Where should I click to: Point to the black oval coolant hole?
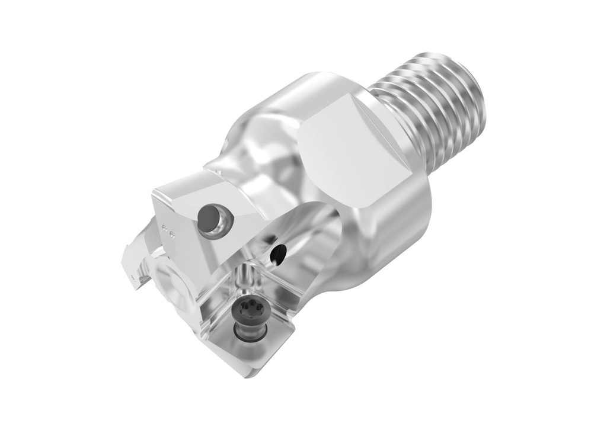276,254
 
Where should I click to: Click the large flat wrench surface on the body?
350,148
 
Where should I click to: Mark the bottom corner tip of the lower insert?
247,374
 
